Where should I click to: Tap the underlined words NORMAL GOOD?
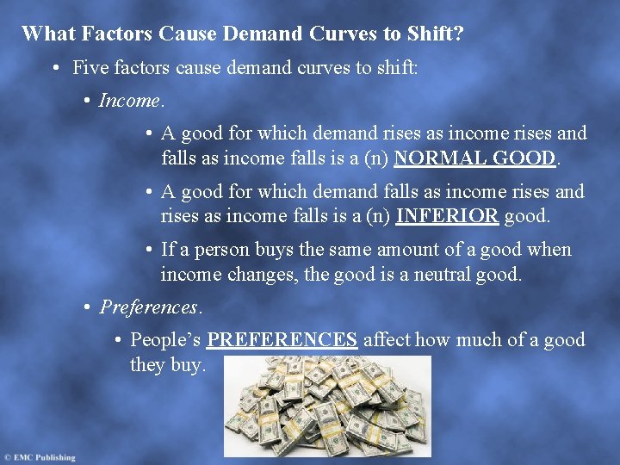(x=475, y=158)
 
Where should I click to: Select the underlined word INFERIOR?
(x=446, y=216)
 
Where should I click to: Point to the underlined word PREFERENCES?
(x=282, y=340)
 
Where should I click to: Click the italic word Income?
(x=129, y=101)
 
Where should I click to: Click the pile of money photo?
(x=326, y=406)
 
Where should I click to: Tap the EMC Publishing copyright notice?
(x=40, y=457)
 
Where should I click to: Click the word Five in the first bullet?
(x=90, y=67)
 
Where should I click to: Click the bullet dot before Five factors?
(x=54, y=67)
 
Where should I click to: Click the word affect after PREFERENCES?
(x=388, y=340)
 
